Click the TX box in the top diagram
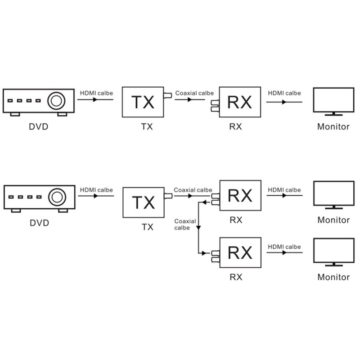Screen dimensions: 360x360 tap(143, 102)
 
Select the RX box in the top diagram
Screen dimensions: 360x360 tap(239, 102)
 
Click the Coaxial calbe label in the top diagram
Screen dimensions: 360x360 tap(194, 93)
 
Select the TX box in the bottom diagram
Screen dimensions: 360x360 tap(143, 202)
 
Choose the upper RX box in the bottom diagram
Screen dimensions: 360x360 tap(239, 196)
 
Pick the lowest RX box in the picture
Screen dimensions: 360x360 tap(239, 253)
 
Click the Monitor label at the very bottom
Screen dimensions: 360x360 tap(333, 277)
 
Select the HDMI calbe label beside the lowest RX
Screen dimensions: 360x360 tap(284, 247)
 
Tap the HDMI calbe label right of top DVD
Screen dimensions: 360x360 tap(96, 93)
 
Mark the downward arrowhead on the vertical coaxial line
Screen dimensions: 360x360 tap(198, 228)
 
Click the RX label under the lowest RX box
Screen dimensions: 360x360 tap(236, 277)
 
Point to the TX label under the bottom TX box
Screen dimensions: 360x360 tap(147, 227)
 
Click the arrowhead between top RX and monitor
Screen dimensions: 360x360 tap(283, 102)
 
